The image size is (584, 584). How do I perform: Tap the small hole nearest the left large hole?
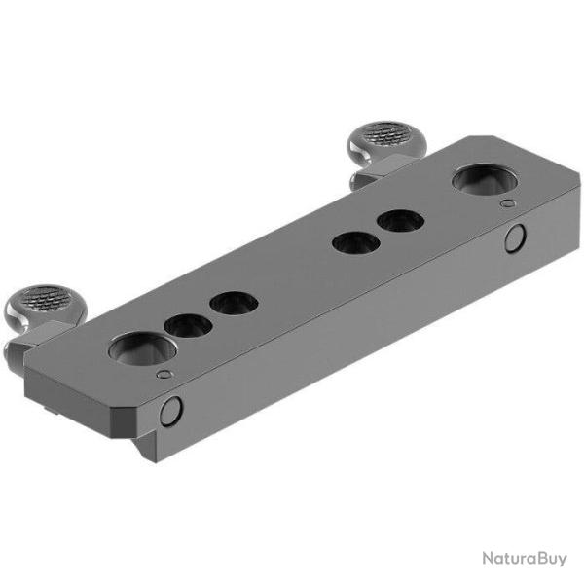coord(188,326)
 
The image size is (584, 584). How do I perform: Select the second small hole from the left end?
coord(234,304)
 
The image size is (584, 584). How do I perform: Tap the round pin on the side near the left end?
coord(170,411)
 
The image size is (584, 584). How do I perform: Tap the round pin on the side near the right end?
coord(515,237)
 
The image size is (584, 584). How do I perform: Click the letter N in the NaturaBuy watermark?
coord(485,558)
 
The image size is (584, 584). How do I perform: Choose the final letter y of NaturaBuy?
coord(563,560)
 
